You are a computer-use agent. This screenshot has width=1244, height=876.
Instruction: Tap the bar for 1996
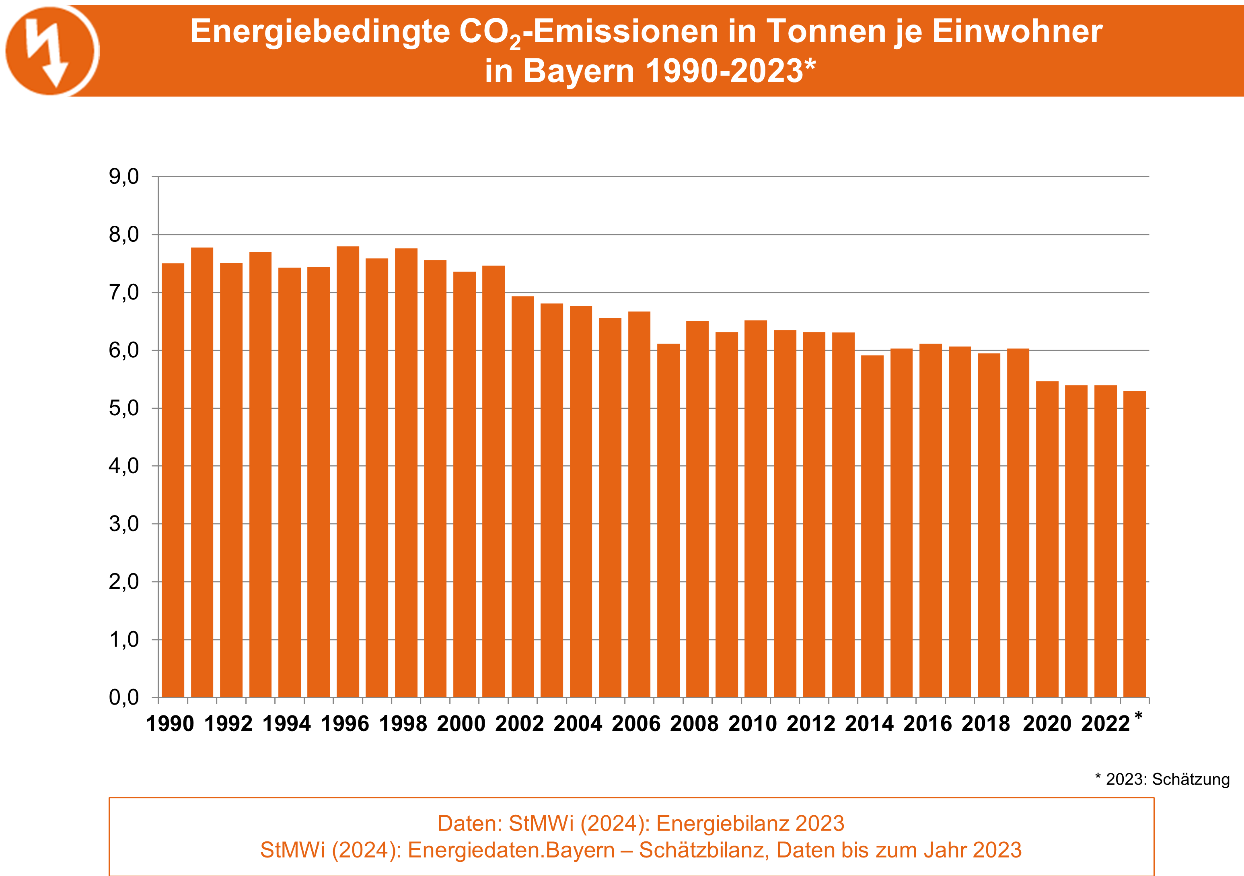pyautogui.click(x=348, y=472)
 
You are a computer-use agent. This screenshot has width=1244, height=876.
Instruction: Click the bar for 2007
pyautogui.click(x=668, y=520)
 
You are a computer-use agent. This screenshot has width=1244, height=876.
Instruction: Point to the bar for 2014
pyautogui.click(x=872, y=526)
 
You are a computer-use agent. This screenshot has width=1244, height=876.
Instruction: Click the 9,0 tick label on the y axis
pyautogui.click(x=124, y=177)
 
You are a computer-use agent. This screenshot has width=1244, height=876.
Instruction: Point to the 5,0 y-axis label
pyautogui.click(x=124, y=408)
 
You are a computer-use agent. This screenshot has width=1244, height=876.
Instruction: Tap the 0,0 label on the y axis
pyautogui.click(x=124, y=698)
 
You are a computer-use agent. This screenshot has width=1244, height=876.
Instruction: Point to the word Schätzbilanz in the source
pyautogui.click(x=704, y=850)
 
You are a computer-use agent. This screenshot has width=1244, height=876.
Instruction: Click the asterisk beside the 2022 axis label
pyautogui.click(x=1138, y=715)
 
